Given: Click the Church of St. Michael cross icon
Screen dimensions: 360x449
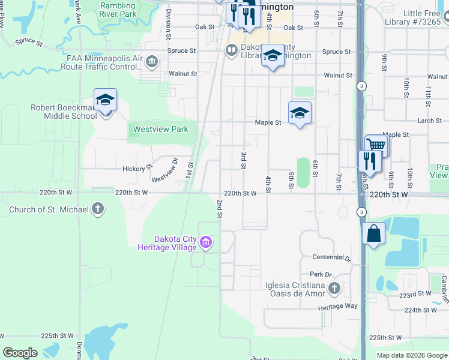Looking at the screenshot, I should coord(98,210).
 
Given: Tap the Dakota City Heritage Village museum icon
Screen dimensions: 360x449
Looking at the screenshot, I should coord(206,243).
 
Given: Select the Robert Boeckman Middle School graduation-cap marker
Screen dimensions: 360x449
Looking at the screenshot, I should coord(105,100).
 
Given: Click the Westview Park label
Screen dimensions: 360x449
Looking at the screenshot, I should coord(160,129).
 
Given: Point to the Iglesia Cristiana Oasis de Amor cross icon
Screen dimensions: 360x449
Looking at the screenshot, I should coord(334,290).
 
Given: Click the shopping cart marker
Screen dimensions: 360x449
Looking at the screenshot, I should coord(376,145).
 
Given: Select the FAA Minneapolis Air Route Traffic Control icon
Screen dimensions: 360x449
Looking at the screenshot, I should coord(151,62).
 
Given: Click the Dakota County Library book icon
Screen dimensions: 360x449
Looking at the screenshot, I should coord(232,50).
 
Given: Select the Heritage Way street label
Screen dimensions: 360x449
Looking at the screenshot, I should coord(338,306).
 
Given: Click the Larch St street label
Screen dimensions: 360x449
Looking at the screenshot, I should coord(429,121).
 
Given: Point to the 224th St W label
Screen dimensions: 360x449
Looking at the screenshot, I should coord(421,310).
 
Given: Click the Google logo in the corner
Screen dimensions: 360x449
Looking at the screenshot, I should coord(20,353).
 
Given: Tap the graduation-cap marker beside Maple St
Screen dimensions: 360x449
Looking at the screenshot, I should coord(300,112).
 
